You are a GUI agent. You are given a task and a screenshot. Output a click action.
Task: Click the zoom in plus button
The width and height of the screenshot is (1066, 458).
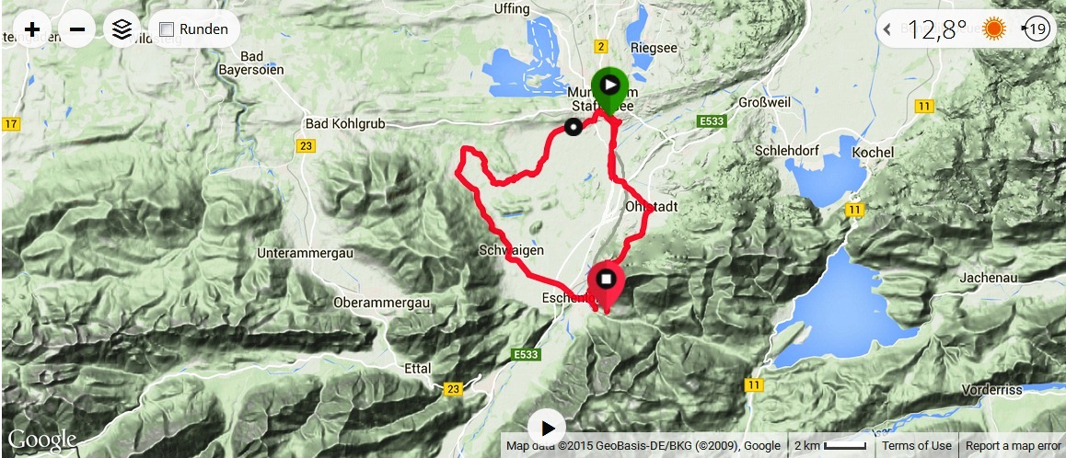(32, 29)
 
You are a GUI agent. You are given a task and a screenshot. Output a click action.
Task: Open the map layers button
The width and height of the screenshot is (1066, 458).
(122, 29)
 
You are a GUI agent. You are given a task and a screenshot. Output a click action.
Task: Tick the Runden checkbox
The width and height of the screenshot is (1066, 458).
(167, 29)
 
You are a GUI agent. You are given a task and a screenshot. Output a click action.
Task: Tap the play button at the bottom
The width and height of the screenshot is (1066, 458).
(547, 428)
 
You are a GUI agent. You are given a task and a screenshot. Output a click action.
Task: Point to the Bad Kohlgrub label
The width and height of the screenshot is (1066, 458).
(344, 124)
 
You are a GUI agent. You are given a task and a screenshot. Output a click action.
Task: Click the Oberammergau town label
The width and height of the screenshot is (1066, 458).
(382, 303)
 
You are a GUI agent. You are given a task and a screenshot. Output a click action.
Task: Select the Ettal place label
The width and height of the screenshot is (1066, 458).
(417, 367)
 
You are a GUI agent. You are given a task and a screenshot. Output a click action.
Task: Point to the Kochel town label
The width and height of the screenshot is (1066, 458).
(874, 151)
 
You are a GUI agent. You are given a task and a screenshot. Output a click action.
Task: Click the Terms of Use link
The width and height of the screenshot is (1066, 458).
(916, 446)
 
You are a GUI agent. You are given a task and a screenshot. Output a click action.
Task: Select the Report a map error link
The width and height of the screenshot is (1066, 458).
(1014, 446)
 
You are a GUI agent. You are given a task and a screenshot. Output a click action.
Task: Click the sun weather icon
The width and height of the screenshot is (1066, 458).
(994, 29)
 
